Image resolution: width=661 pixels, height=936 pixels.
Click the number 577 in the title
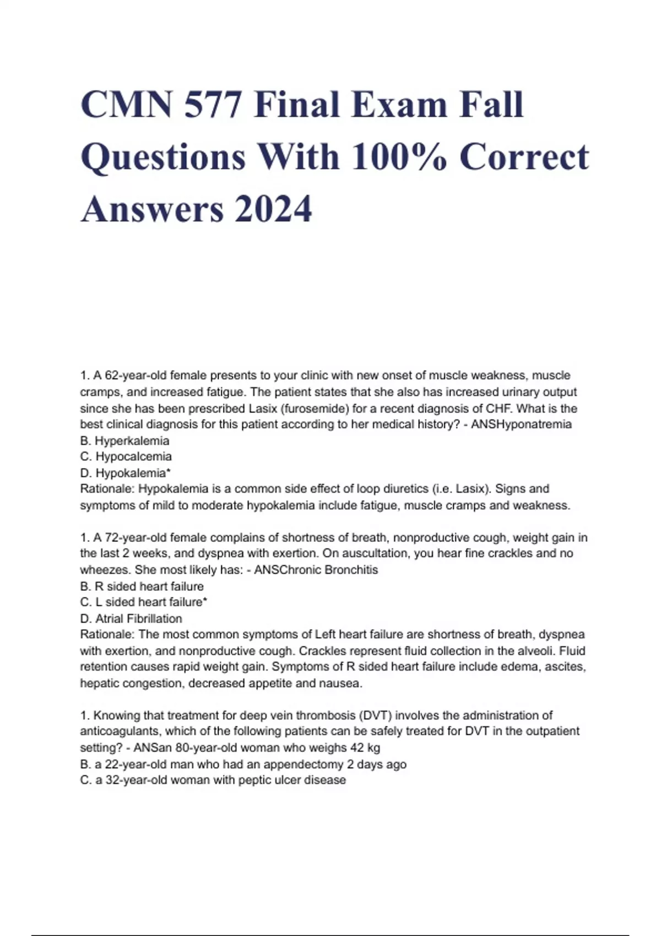click(212, 105)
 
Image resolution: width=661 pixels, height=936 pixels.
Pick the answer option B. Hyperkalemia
click(125, 440)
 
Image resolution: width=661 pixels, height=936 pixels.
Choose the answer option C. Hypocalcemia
click(126, 456)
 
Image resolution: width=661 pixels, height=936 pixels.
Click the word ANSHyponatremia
click(521, 424)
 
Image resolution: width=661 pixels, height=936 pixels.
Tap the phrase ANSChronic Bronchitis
click(316, 570)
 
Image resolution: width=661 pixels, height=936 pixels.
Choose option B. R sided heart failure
click(142, 586)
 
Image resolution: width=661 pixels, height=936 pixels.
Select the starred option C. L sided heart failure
click(144, 602)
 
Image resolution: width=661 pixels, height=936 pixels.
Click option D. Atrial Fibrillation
click(131, 619)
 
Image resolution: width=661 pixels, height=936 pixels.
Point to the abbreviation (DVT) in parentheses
click(375, 716)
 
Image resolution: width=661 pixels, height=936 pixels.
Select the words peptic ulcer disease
click(292, 780)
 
